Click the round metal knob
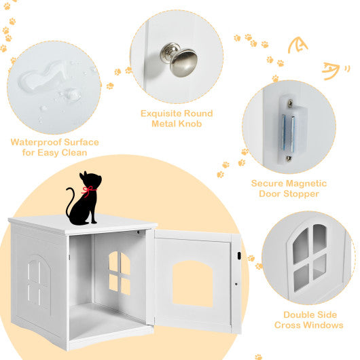point(183,61)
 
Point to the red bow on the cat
point(87,190)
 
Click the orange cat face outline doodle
point(298,46)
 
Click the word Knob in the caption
point(192,124)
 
